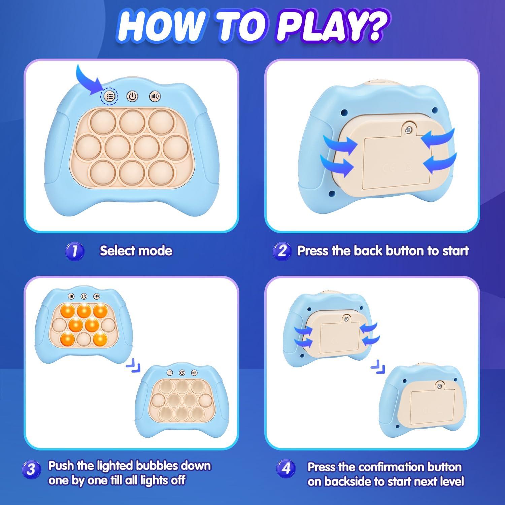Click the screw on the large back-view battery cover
click(x=409, y=129)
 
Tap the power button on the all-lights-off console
click(x=182, y=373)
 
